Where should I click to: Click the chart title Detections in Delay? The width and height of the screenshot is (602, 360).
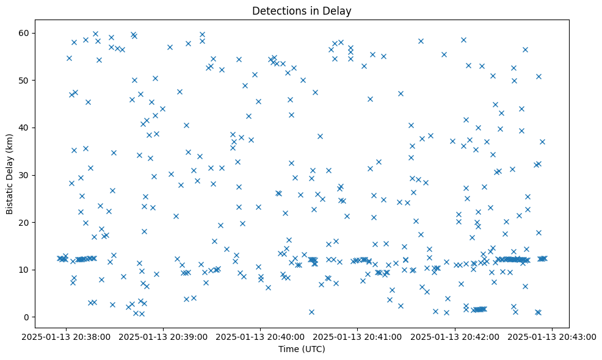click(302, 10)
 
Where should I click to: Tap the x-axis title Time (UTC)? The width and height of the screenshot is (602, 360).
click(302, 349)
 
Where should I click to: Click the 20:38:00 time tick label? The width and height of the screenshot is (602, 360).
click(67, 336)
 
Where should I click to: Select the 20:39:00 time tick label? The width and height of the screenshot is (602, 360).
click(164, 336)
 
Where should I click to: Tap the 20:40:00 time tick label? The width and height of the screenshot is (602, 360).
click(261, 336)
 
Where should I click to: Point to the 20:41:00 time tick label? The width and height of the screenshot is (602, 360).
click(358, 336)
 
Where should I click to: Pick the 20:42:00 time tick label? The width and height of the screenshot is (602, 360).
click(455, 336)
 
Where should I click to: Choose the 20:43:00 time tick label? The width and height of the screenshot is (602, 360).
click(553, 336)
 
